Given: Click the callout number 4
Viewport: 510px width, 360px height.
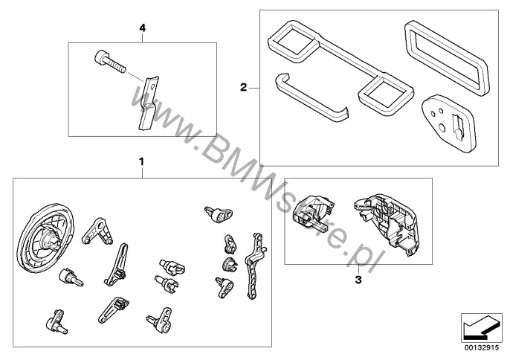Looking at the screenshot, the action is point(142,28).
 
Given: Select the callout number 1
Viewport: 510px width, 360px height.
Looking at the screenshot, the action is point(141,161).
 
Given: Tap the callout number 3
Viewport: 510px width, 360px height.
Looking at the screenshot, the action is point(358,279).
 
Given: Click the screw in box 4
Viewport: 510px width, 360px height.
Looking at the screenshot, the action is point(110,62).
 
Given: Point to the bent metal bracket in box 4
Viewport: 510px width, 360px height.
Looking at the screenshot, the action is point(149,103).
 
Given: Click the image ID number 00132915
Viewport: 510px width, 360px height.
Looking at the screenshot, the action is point(482,347).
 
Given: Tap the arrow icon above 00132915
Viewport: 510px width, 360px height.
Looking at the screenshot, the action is point(481,328).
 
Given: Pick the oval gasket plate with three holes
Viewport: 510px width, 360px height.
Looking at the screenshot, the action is point(449,123).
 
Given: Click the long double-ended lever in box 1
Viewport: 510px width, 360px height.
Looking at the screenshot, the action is point(254,266).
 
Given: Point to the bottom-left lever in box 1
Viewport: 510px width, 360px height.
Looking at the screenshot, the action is point(57,321).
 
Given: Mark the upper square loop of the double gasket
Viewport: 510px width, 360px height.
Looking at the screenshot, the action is point(292,41).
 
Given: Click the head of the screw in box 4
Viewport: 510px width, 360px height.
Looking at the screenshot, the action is point(101,58).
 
